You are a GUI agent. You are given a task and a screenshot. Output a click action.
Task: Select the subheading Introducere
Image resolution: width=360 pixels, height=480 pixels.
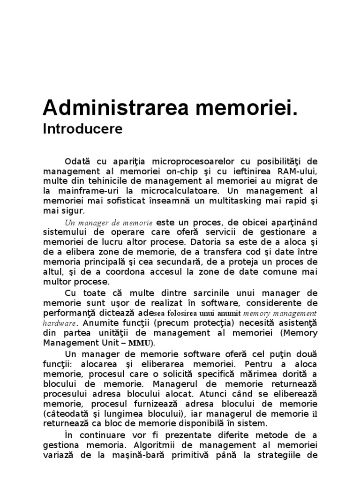[x=82, y=129]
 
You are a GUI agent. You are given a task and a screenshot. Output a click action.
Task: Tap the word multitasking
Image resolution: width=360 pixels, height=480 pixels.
[x=234, y=201]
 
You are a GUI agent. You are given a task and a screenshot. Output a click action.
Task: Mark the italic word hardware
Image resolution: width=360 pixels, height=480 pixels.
[x=60, y=323]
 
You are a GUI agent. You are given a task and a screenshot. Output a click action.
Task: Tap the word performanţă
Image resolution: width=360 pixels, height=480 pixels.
[x=70, y=313]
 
